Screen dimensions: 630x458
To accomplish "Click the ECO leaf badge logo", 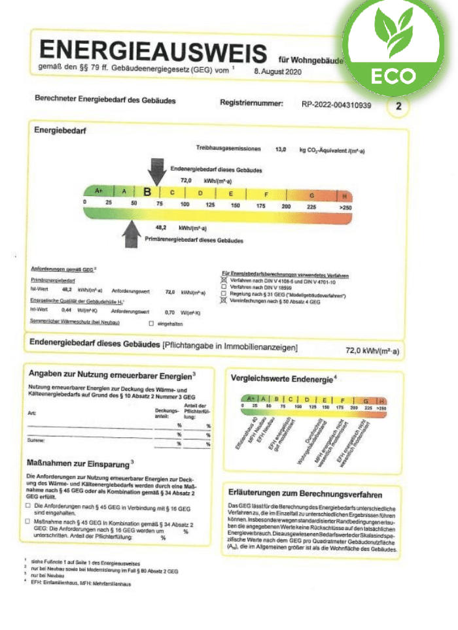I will [395, 49].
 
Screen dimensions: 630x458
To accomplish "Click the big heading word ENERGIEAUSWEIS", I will [154, 52].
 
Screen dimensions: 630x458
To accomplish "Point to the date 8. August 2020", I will [277, 71].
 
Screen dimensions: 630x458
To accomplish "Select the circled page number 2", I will [398, 106].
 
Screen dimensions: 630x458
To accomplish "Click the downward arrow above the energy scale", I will [157, 172].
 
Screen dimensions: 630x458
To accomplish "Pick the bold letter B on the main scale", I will [147, 192].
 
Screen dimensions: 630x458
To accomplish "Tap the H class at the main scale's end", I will [345, 195].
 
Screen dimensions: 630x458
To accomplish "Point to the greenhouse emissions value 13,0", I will [281, 150].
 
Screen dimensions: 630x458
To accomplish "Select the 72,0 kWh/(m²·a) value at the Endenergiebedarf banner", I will [372, 351].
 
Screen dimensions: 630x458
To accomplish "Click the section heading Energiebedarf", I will [60, 131].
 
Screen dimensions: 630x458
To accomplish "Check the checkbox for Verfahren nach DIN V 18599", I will [225, 286].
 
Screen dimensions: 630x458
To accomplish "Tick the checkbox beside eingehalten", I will [151, 323].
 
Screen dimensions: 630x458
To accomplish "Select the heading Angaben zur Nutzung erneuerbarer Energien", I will [112, 374].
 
